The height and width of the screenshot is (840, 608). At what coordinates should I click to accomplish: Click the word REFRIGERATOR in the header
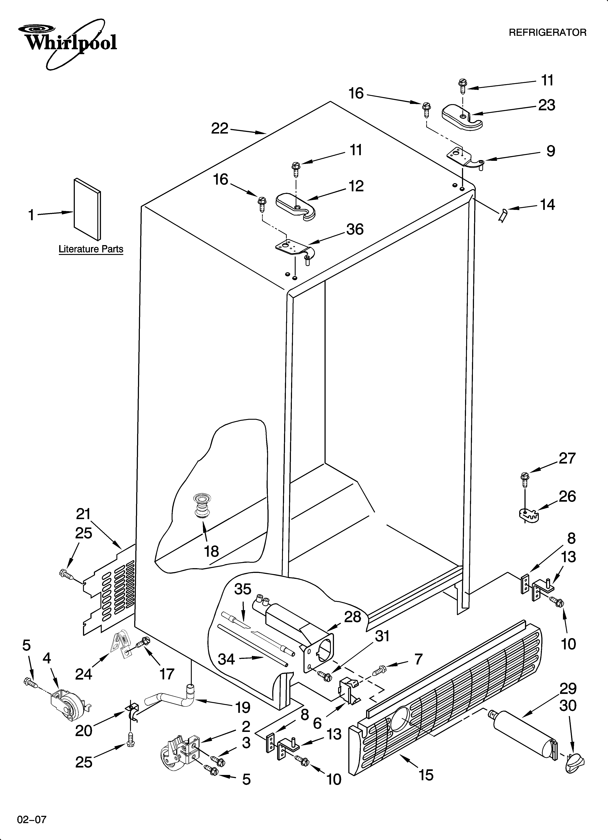click(547, 33)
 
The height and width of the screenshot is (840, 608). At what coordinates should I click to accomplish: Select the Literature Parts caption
click(91, 249)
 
